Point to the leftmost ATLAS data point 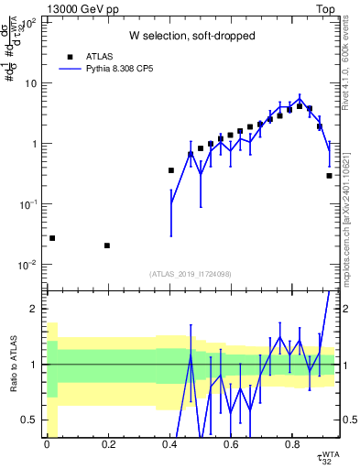coord(52,238)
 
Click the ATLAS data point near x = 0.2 coord(107,245)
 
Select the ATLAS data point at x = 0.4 coord(170,170)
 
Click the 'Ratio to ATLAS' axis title coord(12,365)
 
